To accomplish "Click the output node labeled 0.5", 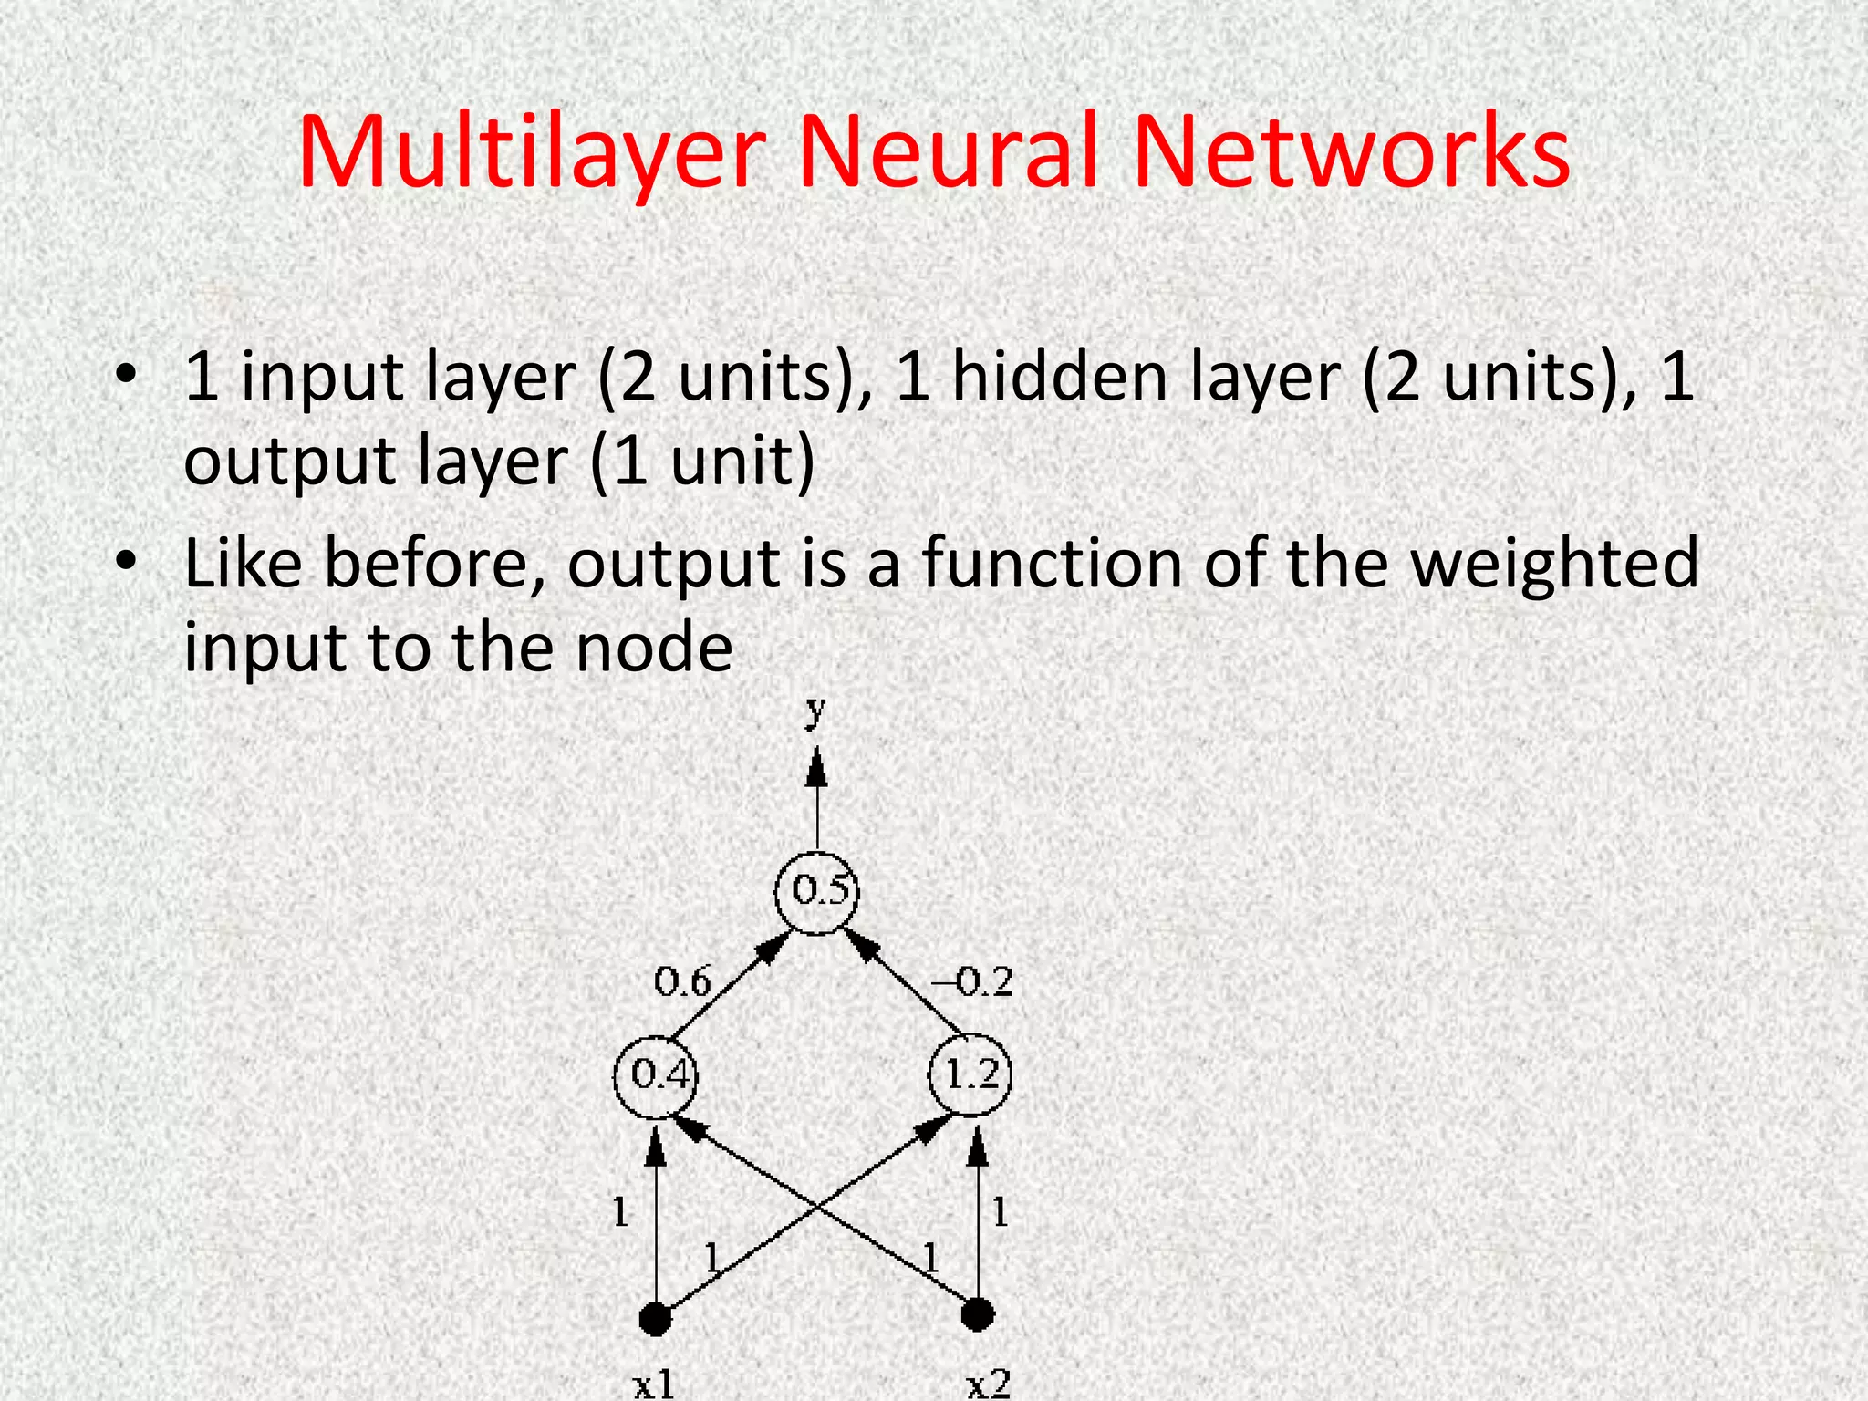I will point(817,891).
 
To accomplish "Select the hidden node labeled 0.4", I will point(656,1076).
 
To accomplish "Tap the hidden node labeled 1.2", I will point(970,1076).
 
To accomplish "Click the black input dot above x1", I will point(655,1318).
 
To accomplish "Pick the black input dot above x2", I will point(978,1315).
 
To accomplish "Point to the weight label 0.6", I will point(682,982).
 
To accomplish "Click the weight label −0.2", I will point(972,982).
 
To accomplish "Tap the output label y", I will point(816,710).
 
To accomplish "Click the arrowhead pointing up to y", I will point(817,768).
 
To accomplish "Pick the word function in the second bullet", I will point(1049,564).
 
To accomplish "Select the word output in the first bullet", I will point(288,462).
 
